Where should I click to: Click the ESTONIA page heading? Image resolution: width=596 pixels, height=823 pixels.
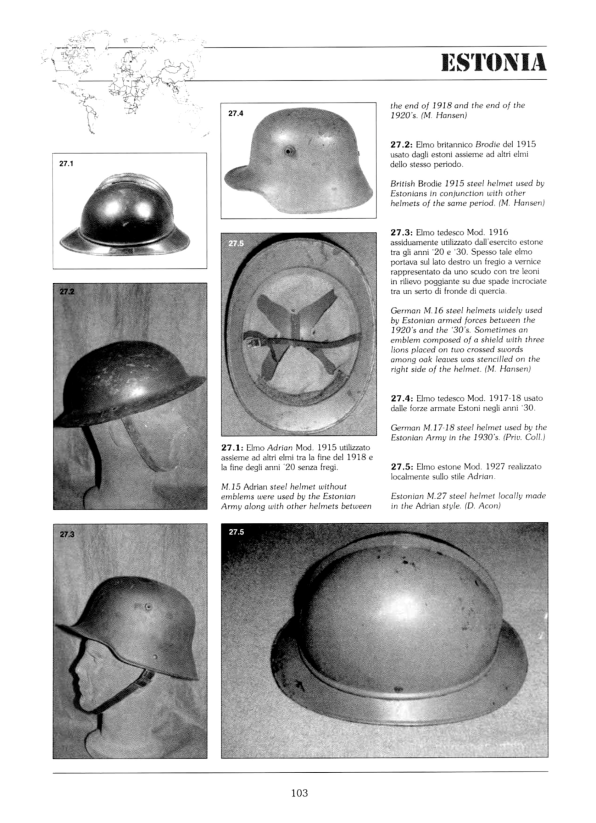pos(493,63)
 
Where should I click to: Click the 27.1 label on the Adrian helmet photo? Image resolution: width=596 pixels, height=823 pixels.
pos(67,164)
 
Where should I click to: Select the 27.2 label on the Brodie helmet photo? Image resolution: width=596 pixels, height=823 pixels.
pos(67,292)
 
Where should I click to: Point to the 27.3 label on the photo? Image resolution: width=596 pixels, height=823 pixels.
pos(67,534)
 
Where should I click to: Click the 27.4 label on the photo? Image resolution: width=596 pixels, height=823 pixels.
pos(236,113)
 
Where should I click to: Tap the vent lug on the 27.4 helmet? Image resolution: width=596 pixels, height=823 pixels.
pos(288,151)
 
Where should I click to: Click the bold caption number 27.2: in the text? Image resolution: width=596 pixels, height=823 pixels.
pos(402,145)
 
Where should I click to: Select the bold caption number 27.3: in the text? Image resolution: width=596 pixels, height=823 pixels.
pos(402,233)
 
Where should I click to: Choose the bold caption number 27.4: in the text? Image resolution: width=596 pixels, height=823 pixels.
pos(402,399)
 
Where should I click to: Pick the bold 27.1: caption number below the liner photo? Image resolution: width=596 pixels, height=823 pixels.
pos(232,447)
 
